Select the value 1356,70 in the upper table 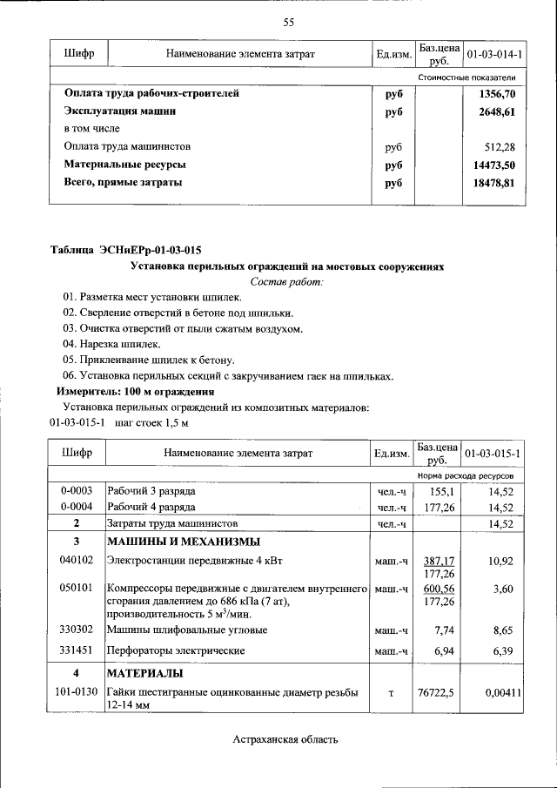pyautogui.click(x=497, y=93)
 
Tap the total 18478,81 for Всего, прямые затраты pyautogui.click(x=493, y=183)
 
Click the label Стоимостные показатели pyautogui.click(x=473, y=77)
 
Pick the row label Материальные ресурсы pyautogui.click(x=125, y=165)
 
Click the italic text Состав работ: pyautogui.click(x=287, y=282)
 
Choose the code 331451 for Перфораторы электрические pyautogui.click(x=77, y=650)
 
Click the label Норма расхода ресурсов pyautogui.click(x=471, y=477)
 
